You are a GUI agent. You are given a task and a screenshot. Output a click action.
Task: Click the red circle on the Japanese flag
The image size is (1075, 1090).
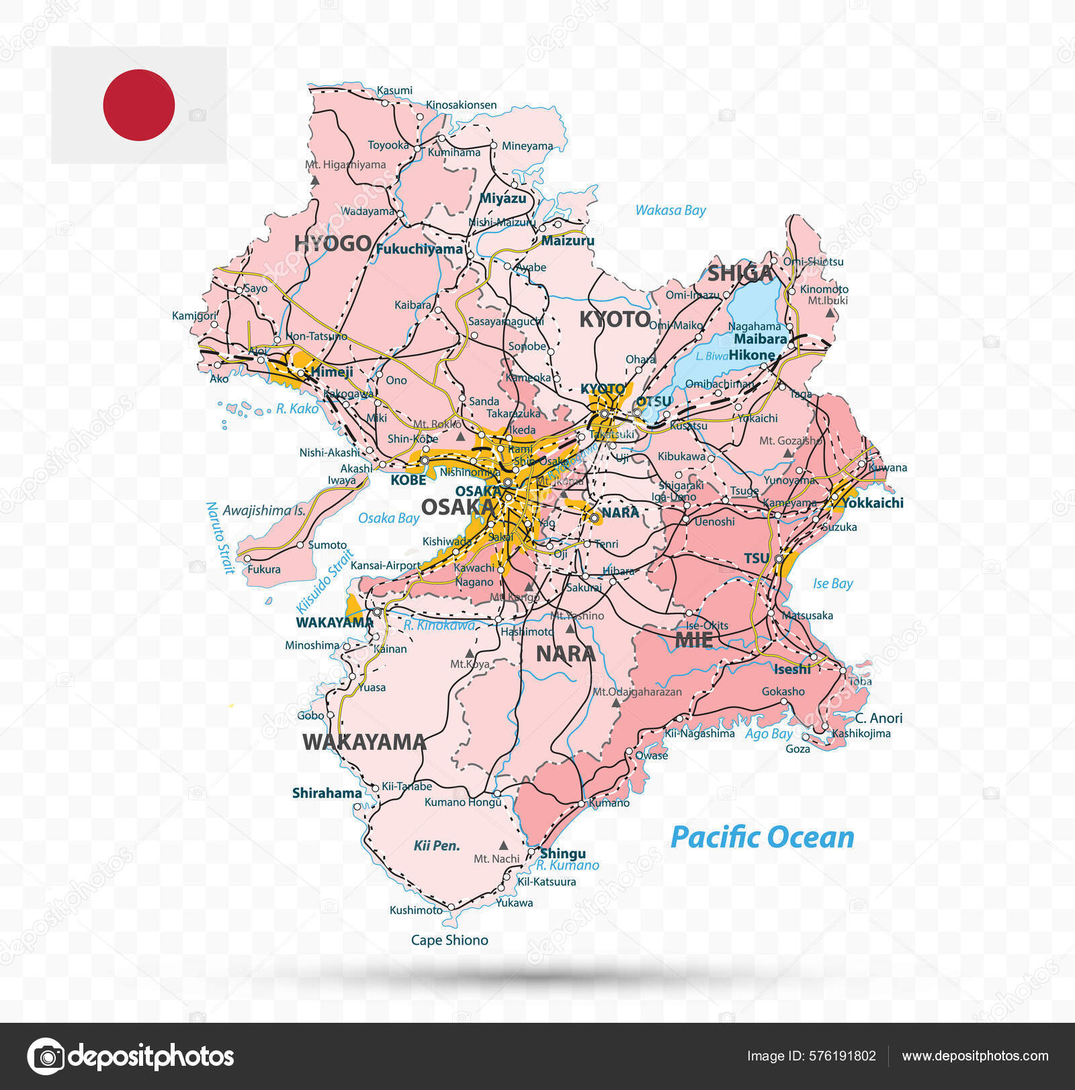click(x=139, y=105)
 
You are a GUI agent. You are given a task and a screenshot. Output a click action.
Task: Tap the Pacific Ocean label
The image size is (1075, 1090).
click(x=762, y=837)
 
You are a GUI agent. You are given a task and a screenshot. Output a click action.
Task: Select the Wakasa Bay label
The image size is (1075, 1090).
click(x=671, y=210)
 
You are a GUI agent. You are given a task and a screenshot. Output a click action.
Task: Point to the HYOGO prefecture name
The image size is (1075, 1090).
click(x=333, y=243)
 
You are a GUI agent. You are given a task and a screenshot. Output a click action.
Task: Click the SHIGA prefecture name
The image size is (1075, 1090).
click(x=740, y=273)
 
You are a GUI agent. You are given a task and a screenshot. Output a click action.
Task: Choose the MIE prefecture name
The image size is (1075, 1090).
click(x=693, y=640)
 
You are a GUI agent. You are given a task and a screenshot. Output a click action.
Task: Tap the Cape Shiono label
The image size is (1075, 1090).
click(x=449, y=940)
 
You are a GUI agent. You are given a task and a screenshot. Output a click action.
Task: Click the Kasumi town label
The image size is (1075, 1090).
click(x=394, y=90)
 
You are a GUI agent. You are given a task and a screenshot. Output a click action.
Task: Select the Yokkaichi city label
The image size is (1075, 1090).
click(x=872, y=503)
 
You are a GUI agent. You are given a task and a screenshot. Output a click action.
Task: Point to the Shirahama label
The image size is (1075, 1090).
click(x=327, y=793)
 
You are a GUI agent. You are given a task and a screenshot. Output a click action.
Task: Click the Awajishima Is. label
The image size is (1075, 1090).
click(x=264, y=511)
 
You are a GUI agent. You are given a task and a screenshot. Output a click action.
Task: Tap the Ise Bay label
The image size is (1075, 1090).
click(x=832, y=583)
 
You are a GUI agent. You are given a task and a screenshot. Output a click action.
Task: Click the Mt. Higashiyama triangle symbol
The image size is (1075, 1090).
click(x=315, y=180)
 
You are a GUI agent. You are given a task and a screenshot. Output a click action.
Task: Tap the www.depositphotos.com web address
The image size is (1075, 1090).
click(x=975, y=1056)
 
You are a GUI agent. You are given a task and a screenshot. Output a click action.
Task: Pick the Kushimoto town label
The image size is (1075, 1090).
click(x=416, y=910)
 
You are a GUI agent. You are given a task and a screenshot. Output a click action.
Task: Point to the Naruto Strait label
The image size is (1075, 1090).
click(x=220, y=538)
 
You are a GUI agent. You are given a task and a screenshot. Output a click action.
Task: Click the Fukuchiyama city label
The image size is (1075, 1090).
click(x=419, y=249)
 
